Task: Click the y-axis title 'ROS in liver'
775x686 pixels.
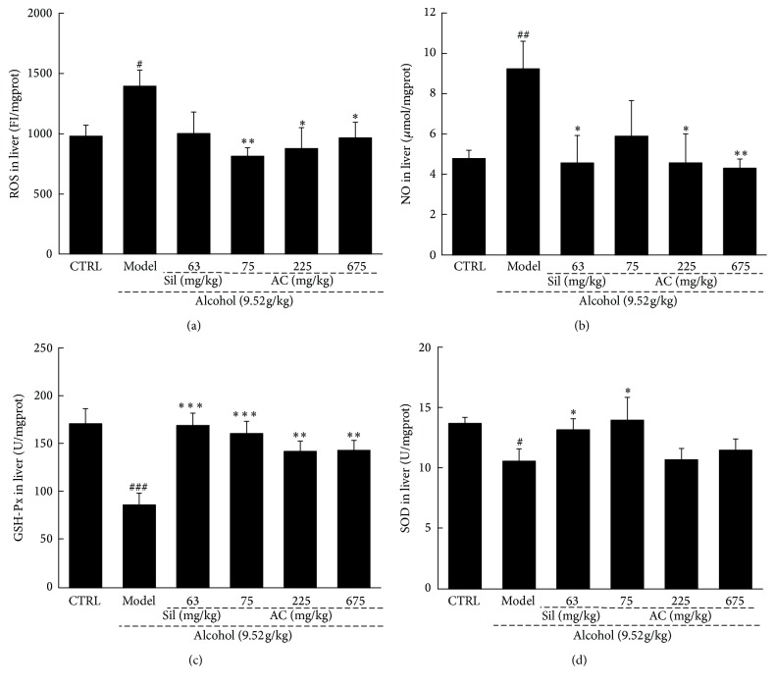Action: (x=14, y=134)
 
